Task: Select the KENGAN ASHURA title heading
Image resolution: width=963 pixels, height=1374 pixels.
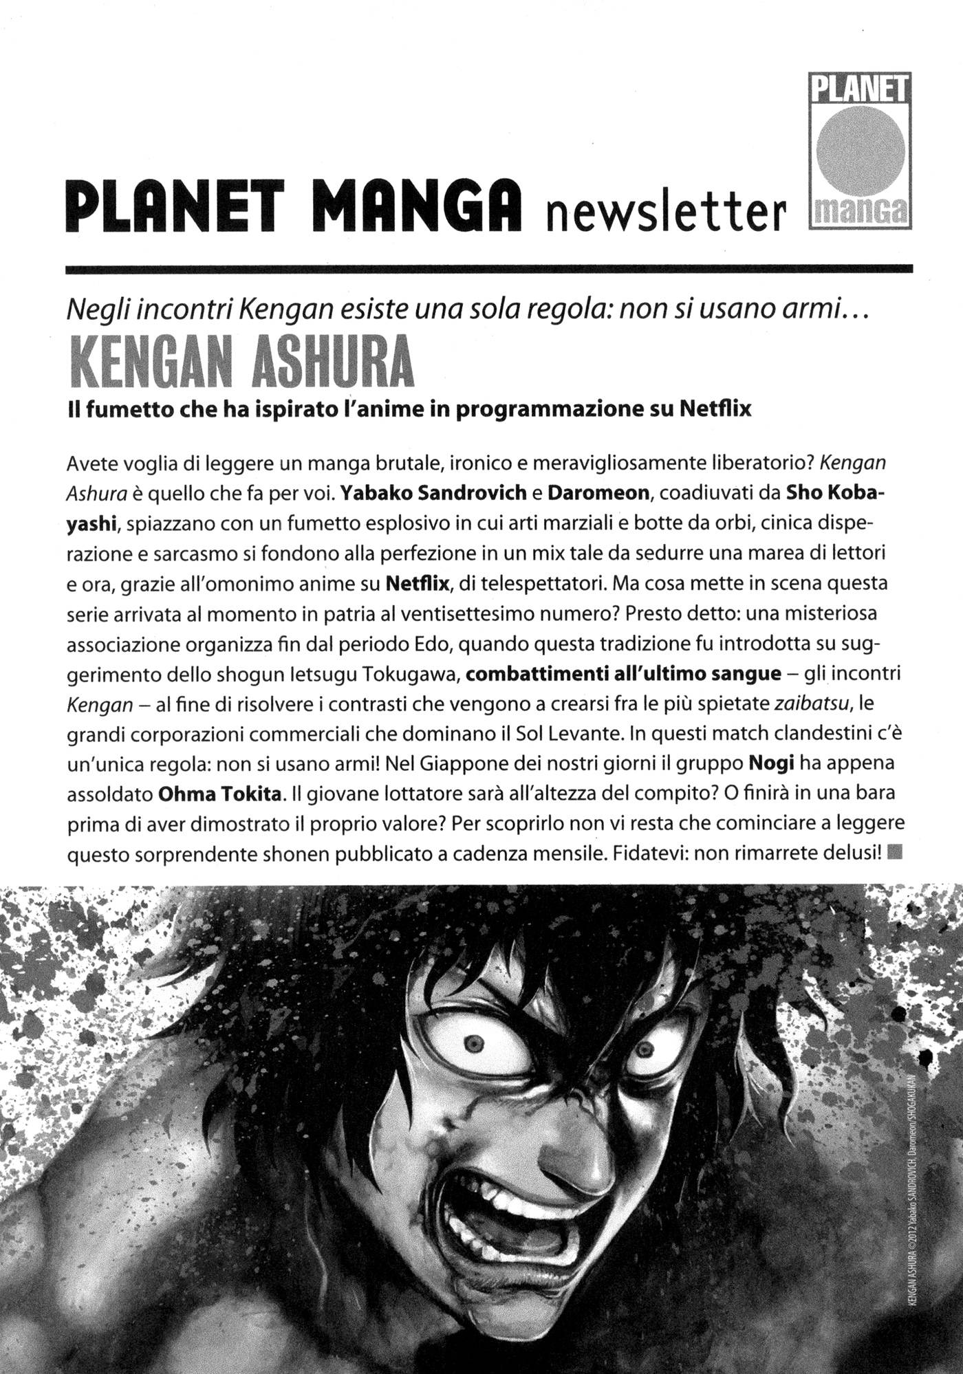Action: (242, 362)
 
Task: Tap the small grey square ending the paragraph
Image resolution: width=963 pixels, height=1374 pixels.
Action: (894, 853)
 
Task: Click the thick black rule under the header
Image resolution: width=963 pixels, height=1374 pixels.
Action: (489, 270)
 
